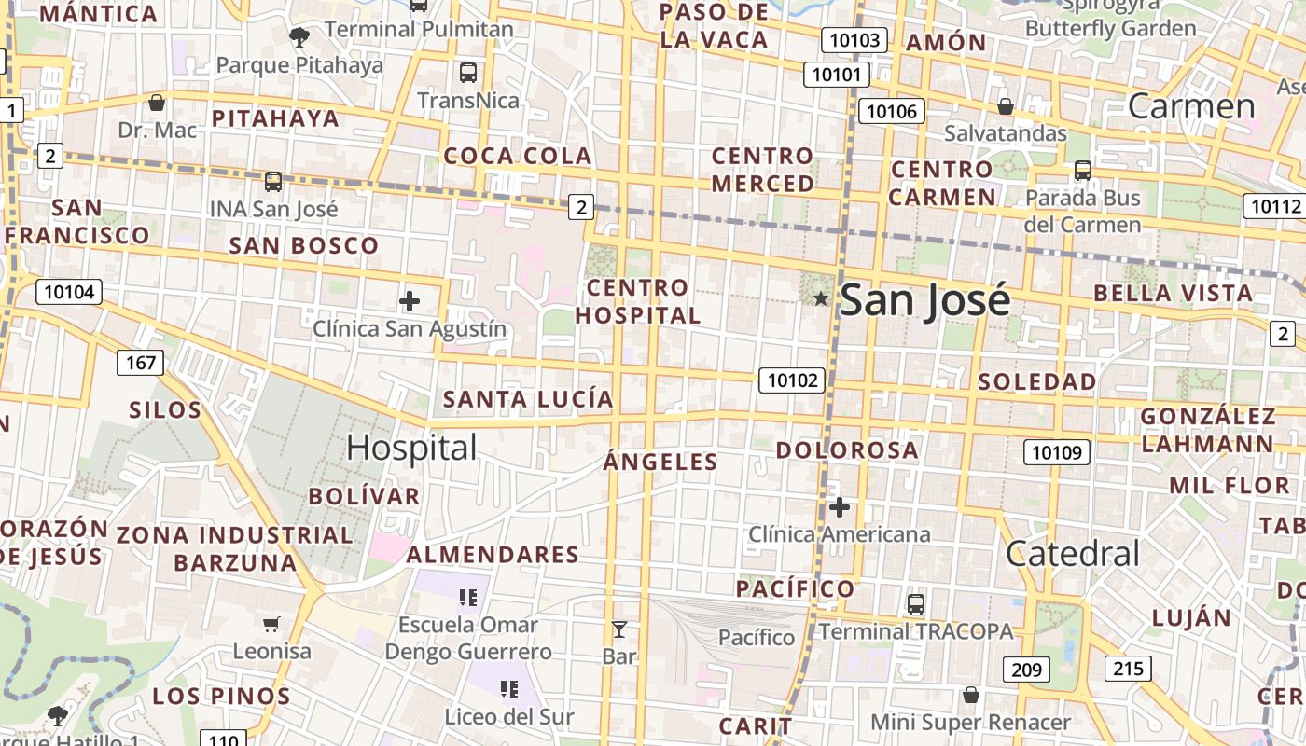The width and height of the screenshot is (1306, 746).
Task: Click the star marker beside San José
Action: pos(820,298)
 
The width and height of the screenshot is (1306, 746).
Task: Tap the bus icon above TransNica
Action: pos(468,72)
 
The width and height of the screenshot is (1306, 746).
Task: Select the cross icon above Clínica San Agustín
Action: pos(409,301)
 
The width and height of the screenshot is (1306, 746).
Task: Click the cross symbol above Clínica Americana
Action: pos(840,507)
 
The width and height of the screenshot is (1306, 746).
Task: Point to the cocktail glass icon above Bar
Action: pos(618,629)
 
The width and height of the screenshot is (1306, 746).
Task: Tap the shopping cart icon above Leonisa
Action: pos(271,624)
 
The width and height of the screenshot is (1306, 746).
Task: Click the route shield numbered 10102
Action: pos(792,380)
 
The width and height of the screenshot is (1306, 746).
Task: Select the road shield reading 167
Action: pos(140,362)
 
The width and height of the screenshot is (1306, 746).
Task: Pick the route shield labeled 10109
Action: pos(1057,453)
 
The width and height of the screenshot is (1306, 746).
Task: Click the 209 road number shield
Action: pos(1026,669)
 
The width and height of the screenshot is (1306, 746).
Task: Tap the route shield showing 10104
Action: pos(69,292)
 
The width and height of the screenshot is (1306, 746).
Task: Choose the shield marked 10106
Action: pos(891,112)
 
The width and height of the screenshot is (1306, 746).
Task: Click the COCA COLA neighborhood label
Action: pos(518,156)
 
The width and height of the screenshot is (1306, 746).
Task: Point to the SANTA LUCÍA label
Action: pos(528,400)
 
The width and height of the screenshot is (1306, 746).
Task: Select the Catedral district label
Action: pos(1073,554)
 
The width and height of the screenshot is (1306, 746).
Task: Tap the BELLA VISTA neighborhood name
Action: pos(1173,293)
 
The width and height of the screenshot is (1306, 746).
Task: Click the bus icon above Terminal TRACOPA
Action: pos(916,603)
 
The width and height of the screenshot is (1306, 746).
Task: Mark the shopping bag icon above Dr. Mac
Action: pos(157,103)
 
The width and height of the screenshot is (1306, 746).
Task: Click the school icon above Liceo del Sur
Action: pos(508,689)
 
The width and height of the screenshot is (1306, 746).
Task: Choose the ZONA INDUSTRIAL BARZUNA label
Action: pos(235,548)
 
